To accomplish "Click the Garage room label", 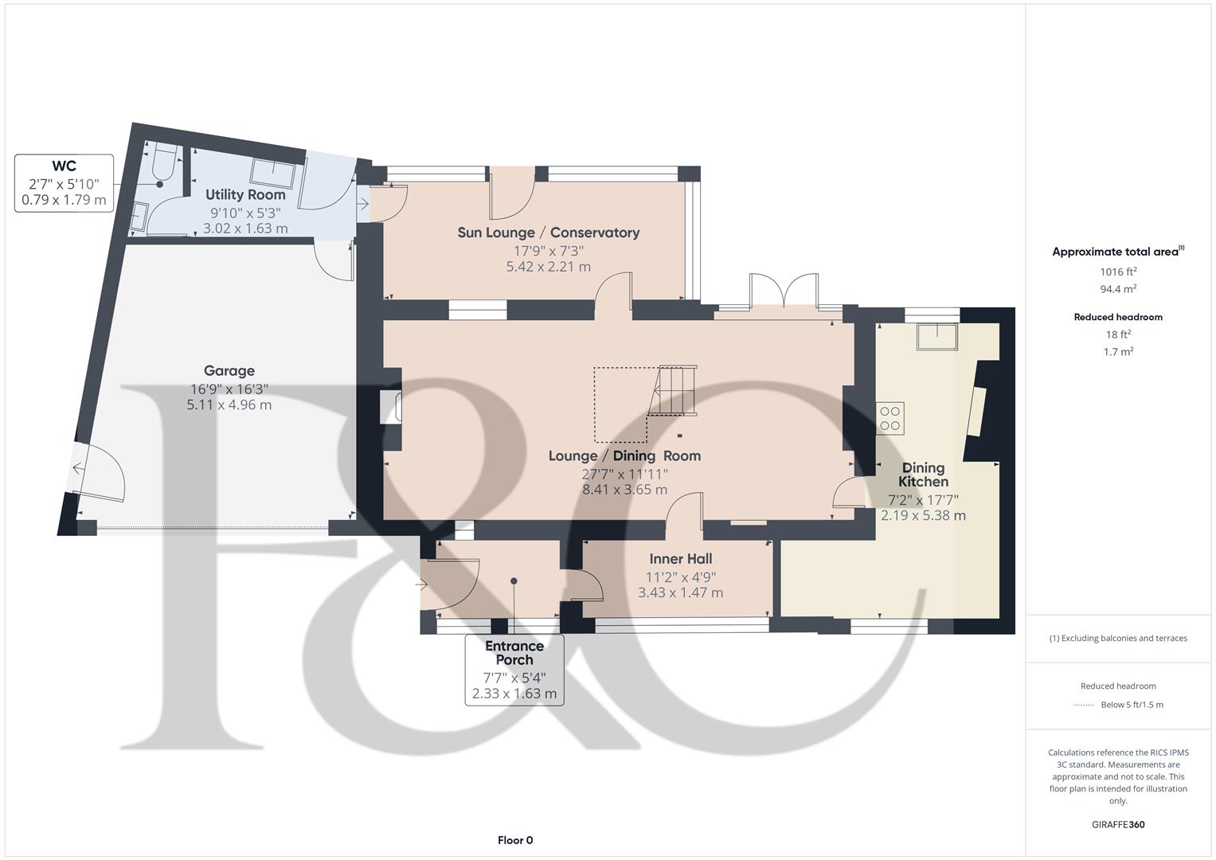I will click(229, 371).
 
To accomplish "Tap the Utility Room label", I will click(245, 195).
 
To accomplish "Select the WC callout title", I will click(65, 166).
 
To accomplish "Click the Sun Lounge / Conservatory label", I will click(548, 233).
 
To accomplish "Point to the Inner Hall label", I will click(680, 559).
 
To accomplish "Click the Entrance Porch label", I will click(514, 653).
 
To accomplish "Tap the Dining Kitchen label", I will click(923, 475).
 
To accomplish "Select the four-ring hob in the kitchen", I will click(890, 419).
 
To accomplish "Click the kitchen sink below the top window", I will click(936, 336).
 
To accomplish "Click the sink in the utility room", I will click(274, 172).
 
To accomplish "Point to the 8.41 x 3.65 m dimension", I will click(624, 490).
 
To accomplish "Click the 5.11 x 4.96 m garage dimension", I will click(229, 405).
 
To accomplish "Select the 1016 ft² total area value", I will click(1118, 272).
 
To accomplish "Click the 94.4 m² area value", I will click(1118, 289).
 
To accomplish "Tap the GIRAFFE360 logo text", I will click(1118, 824).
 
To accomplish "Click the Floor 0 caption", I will click(515, 840).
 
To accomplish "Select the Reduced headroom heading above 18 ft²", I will click(1118, 317).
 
